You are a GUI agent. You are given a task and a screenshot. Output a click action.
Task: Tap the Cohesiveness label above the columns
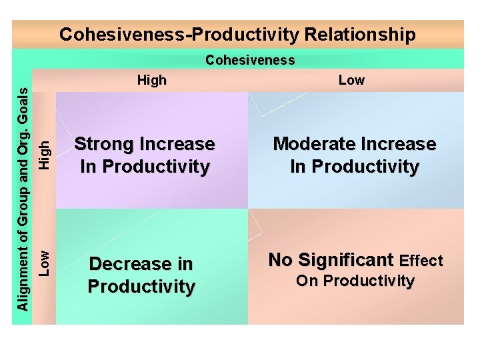(x=250, y=60)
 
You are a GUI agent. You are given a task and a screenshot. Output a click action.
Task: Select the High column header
(x=151, y=81)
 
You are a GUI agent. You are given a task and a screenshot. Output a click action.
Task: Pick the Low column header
(x=351, y=81)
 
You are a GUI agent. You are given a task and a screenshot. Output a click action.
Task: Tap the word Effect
(x=421, y=260)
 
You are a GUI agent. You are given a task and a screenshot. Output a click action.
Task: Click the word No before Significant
(x=281, y=259)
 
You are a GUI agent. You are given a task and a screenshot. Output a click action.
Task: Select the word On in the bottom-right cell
(x=307, y=281)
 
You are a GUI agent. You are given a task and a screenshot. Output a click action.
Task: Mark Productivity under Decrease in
(x=141, y=287)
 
